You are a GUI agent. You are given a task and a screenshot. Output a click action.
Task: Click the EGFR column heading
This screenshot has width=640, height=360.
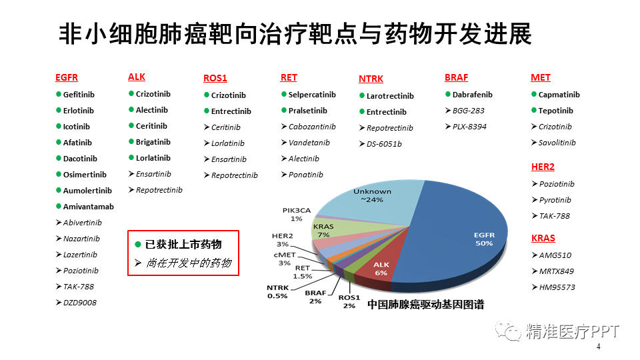(x=67, y=77)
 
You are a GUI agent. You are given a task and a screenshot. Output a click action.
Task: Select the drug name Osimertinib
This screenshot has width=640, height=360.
(x=85, y=175)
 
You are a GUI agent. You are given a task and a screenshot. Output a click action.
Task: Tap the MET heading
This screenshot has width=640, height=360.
(x=541, y=77)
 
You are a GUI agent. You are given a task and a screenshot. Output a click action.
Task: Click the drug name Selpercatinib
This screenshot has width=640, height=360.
(x=312, y=95)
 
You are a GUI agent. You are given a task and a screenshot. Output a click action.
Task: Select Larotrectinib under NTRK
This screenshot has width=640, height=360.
(x=390, y=96)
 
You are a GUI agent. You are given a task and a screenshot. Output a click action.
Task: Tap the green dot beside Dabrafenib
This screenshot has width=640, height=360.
(x=448, y=94)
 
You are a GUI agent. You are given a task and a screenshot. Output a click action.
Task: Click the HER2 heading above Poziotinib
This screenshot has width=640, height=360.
(x=543, y=167)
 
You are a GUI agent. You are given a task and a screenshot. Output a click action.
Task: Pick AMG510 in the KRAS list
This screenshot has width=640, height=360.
(x=555, y=255)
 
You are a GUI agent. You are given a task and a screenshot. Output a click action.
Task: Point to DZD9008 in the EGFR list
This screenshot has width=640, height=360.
(x=79, y=303)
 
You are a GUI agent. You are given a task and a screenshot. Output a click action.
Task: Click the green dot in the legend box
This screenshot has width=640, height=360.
(x=138, y=245)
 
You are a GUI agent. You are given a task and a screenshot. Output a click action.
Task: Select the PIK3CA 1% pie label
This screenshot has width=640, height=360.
(x=297, y=214)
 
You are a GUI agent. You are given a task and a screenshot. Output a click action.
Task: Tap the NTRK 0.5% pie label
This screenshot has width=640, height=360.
(x=277, y=292)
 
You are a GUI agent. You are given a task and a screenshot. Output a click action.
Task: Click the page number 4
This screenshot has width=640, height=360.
(x=599, y=347)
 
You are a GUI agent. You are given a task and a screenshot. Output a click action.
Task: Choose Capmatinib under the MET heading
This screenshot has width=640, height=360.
(x=559, y=95)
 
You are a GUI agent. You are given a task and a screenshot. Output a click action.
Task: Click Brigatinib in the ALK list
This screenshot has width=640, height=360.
(x=153, y=142)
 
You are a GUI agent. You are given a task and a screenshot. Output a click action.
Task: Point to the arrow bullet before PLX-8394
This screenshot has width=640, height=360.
(x=448, y=127)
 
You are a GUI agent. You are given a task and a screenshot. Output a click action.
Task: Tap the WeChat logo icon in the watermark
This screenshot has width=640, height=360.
(x=508, y=331)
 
